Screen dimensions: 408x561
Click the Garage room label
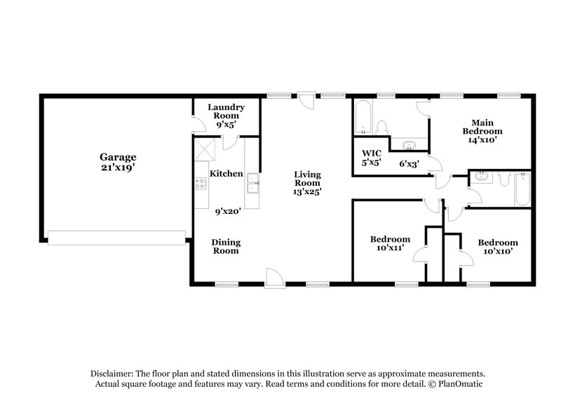pyautogui.click(x=117, y=157)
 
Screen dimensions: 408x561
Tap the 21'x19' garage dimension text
pyautogui.click(x=117, y=168)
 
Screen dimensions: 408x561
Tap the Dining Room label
pyautogui.click(x=226, y=246)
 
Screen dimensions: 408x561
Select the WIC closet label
pyautogui.click(x=371, y=153)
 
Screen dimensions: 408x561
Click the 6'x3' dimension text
pyautogui.click(x=410, y=163)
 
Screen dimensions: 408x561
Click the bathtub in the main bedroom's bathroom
pyautogui.click(x=363, y=117)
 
